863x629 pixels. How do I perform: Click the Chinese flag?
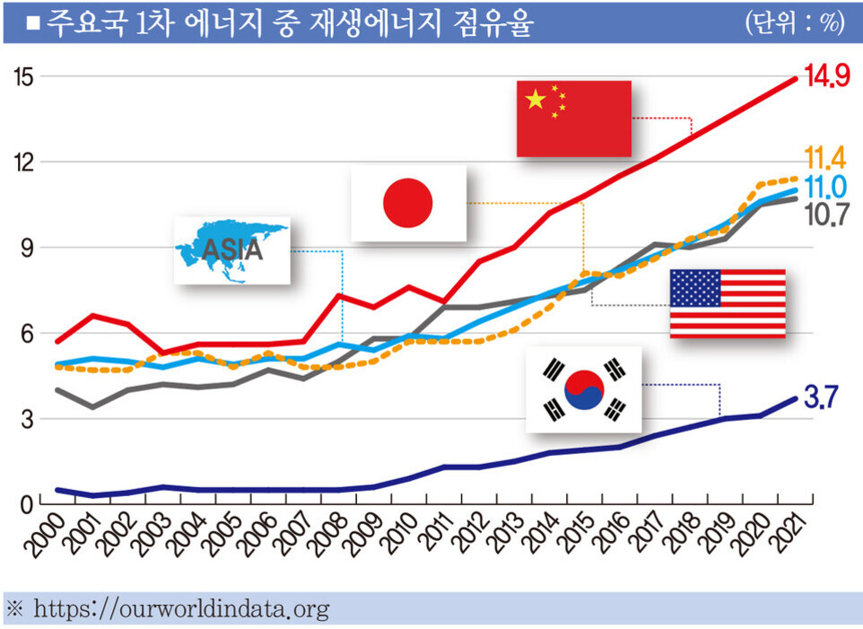coord(573,118)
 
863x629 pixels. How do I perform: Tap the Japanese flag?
coord(408,203)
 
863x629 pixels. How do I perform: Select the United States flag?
coord(728,303)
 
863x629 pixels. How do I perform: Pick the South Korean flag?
coord(584,389)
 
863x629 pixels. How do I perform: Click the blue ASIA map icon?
coord(231,250)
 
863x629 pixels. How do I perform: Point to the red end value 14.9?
coord(826,78)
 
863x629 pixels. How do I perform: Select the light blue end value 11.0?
coord(826,188)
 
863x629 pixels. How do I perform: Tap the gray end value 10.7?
coord(826,215)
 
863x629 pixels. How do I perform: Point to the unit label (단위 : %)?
coord(794,22)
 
